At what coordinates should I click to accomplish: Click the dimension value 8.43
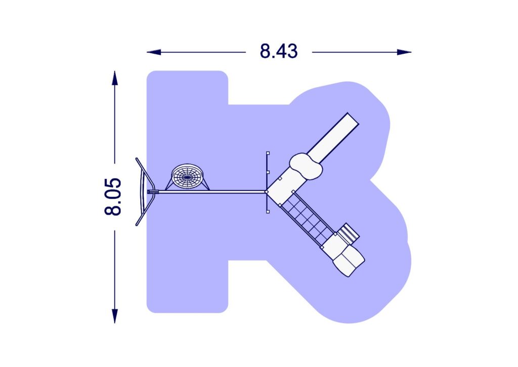click(x=279, y=51)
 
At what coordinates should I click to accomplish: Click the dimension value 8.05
click(x=114, y=197)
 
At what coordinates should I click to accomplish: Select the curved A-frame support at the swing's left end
click(x=143, y=192)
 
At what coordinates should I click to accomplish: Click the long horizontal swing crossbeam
click(x=212, y=192)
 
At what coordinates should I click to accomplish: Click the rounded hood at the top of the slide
click(x=307, y=166)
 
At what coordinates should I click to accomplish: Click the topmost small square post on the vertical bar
click(x=268, y=153)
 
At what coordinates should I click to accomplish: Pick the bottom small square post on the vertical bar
click(x=268, y=211)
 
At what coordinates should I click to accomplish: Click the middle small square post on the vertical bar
click(x=268, y=172)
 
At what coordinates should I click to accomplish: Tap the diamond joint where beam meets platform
click(x=266, y=192)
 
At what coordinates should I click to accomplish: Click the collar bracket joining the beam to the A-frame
click(x=153, y=192)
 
